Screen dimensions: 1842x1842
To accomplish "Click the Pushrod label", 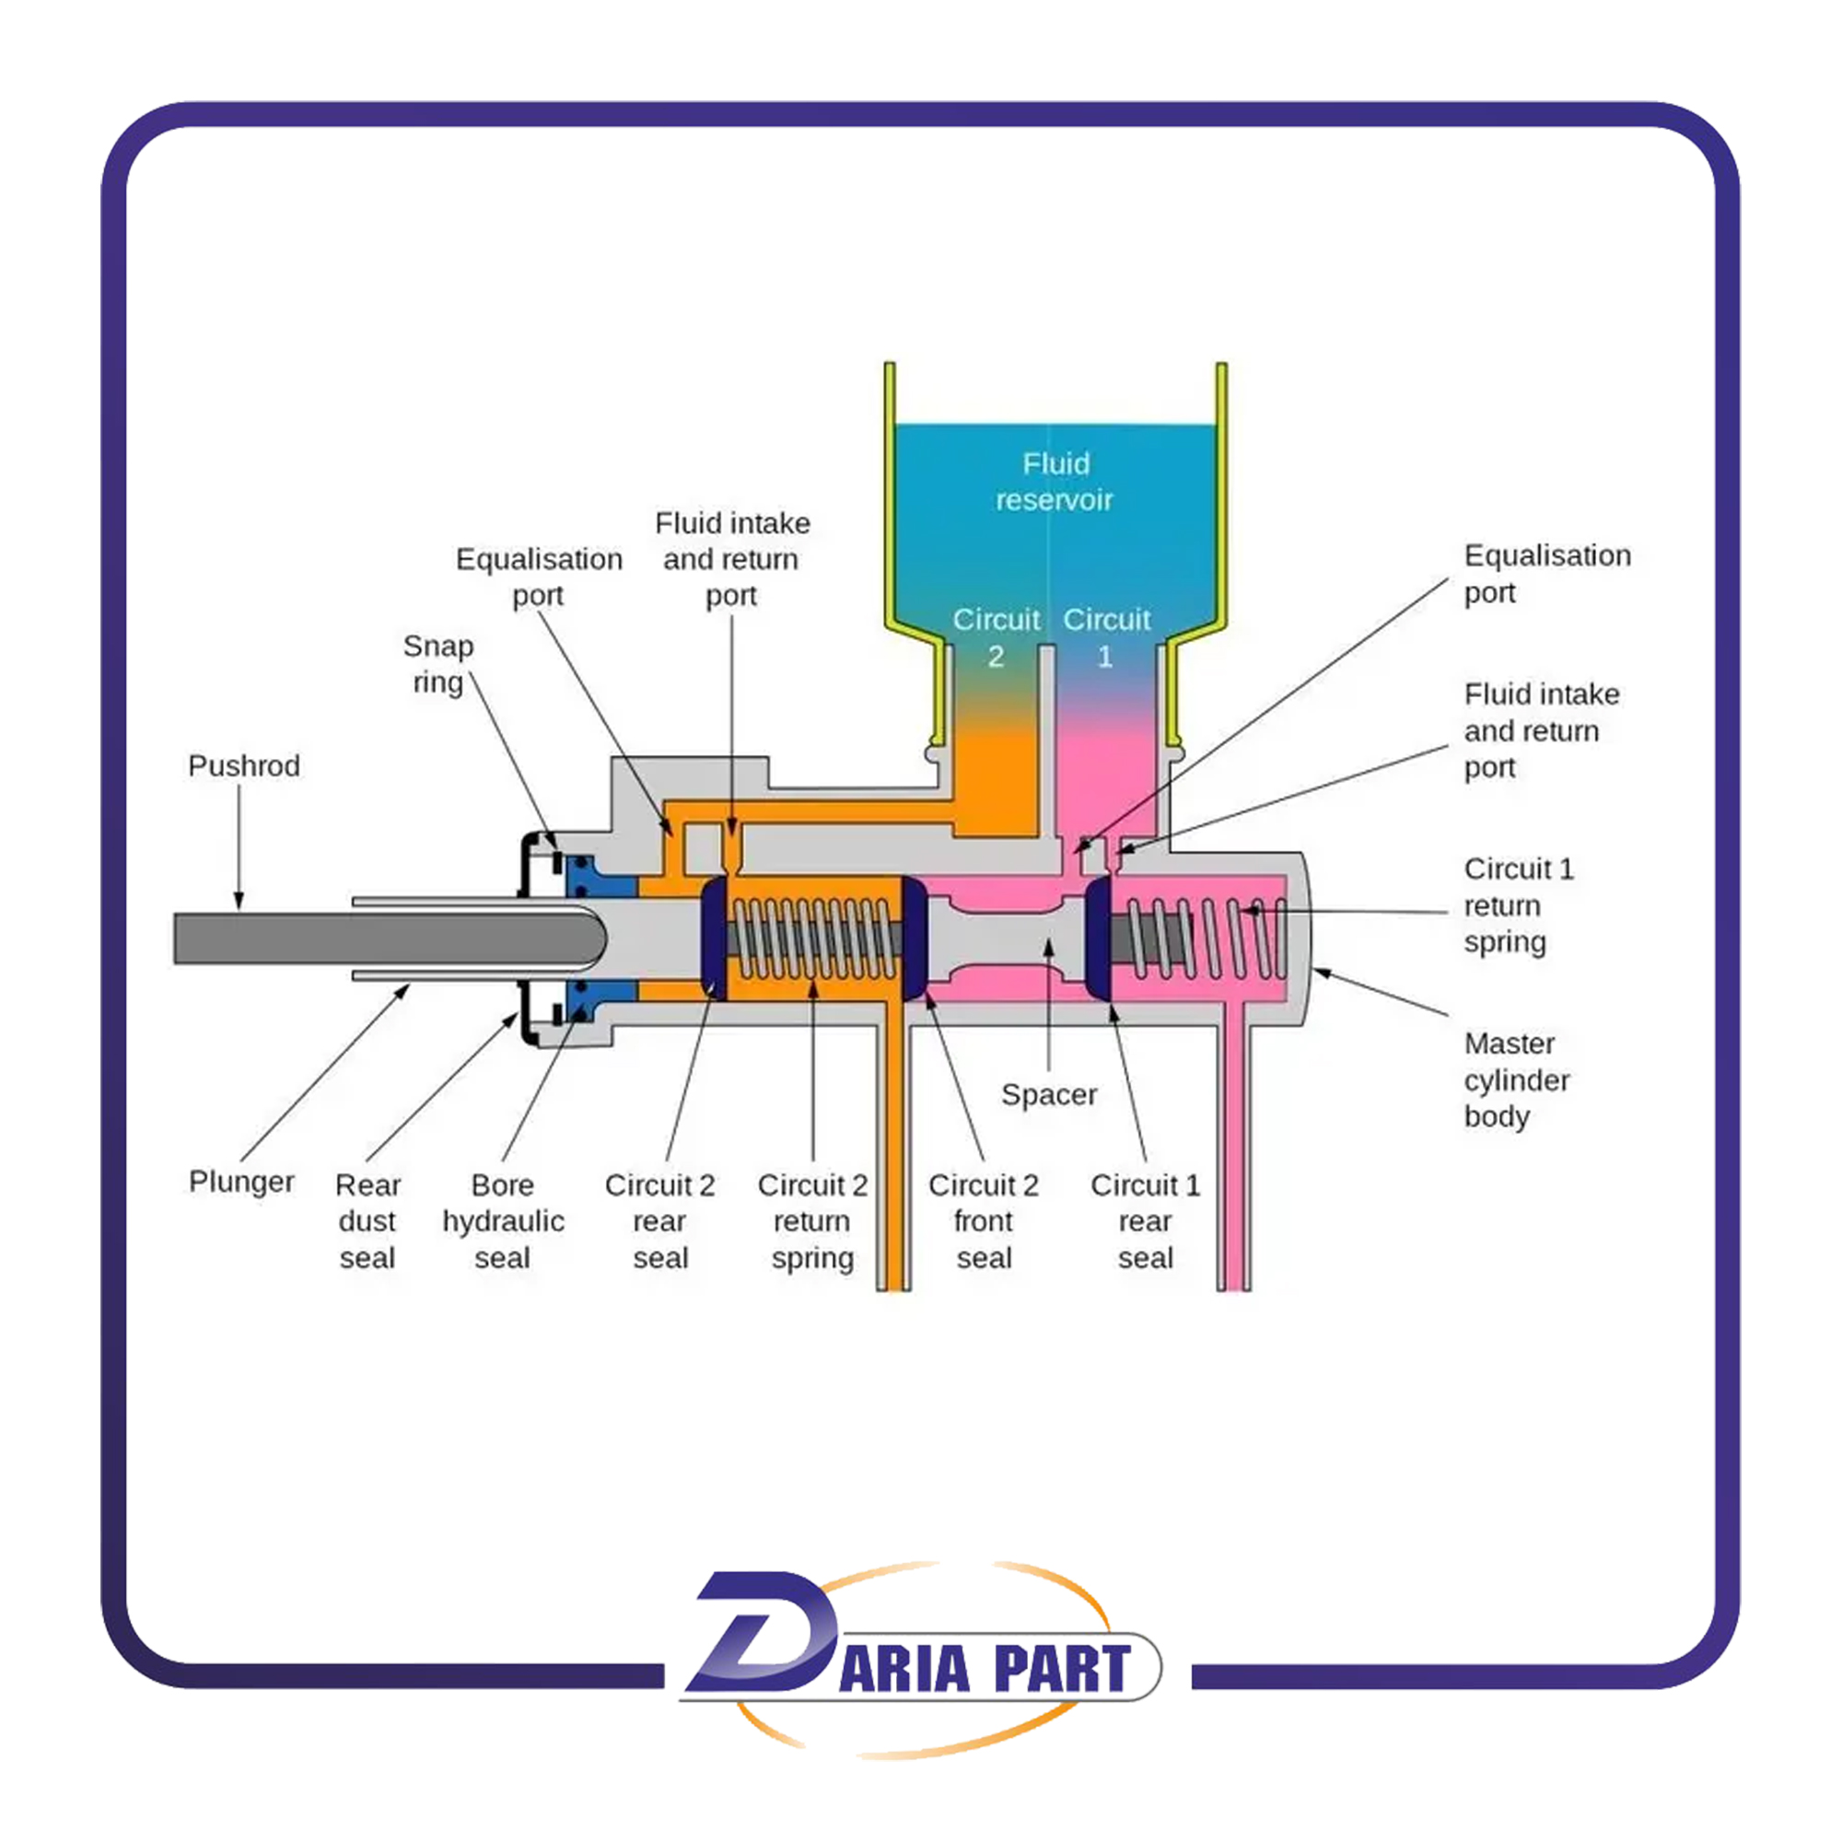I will tap(243, 765).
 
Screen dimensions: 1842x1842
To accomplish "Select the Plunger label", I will tap(241, 1182).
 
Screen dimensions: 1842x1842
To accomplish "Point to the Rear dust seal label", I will tap(367, 1221).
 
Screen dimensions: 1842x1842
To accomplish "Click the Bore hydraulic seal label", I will tap(503, 1221).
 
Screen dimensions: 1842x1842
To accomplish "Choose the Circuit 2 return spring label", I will tap(812, 1221).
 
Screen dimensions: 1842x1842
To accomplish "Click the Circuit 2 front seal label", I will tap(983, 1221).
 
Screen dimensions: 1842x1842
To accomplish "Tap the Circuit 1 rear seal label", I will tap(1145, 1221).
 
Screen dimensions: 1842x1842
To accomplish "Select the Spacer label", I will tap(1049, 1094).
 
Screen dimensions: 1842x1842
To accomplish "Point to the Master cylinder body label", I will tap(1516, 1080).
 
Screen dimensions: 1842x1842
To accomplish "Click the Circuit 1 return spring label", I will tap(1518, 904).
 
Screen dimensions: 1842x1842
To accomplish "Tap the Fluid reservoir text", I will tap(1055, 482).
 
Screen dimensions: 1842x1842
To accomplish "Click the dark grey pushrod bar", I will tap(381, 938).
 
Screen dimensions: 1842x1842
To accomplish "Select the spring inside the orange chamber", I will tap(813, 938).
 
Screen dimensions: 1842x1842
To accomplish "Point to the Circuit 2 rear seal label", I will tap(659, 1221).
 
